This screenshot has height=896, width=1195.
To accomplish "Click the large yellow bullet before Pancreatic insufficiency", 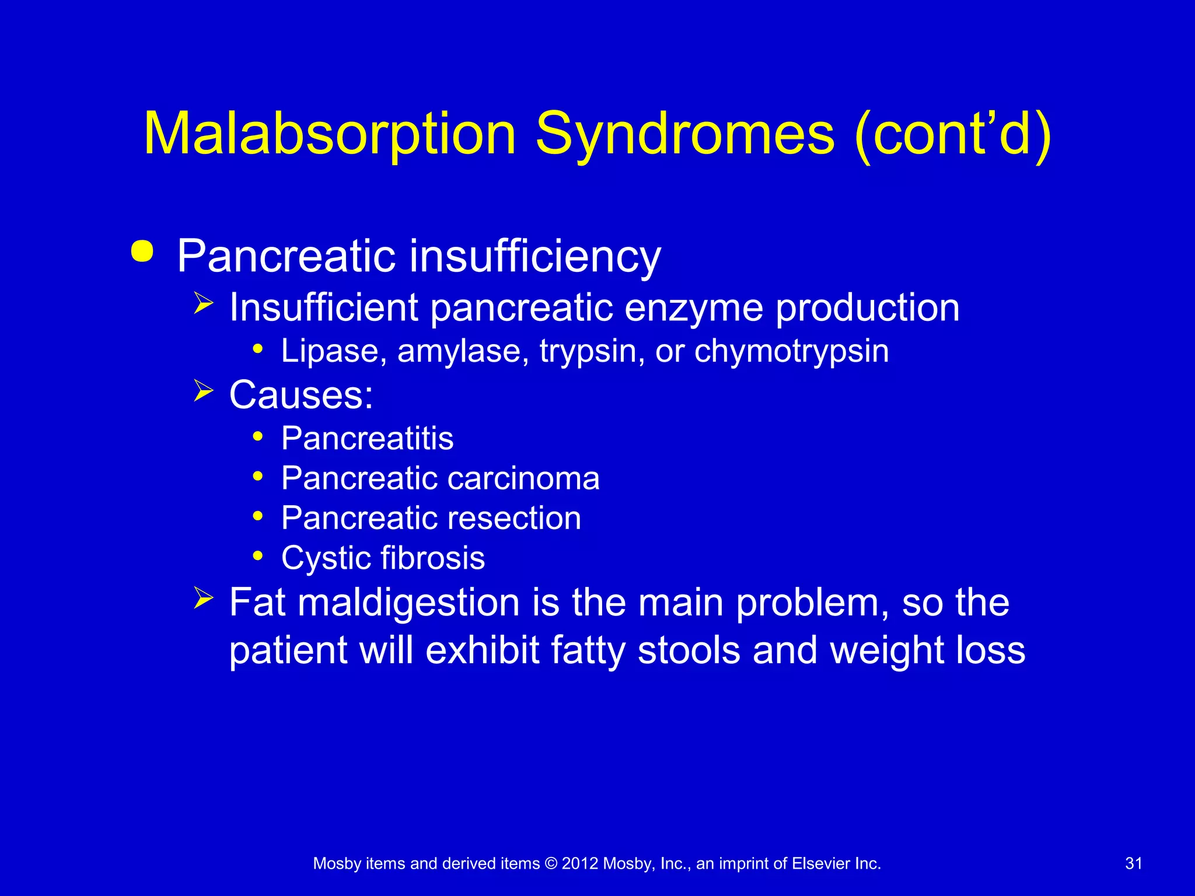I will (142, 252).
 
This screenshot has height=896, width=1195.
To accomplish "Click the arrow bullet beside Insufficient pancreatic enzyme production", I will (203, 303).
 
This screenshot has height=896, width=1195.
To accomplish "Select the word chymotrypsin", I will (791, 351).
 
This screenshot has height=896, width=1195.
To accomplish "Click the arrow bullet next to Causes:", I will (203, 391).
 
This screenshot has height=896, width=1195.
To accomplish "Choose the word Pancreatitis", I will (367, 438).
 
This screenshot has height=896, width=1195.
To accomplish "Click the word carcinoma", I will (523, 478).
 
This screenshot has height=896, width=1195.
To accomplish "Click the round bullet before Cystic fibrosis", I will (258, 555).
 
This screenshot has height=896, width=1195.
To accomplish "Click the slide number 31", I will (1133, 863).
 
